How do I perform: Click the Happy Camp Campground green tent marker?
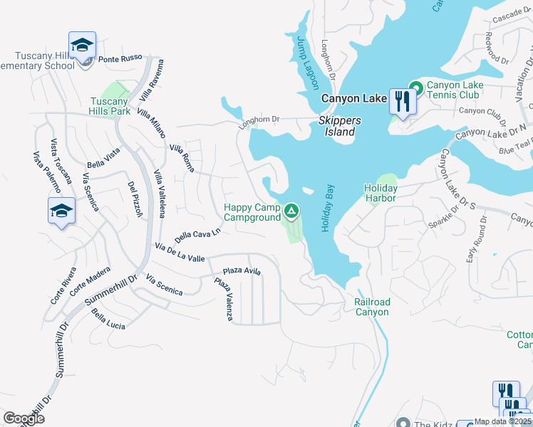click(291, 211)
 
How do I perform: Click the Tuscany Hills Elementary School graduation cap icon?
click(83, 46)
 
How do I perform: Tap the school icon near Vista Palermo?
click(62, 211)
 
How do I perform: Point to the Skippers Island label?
click(336, 126)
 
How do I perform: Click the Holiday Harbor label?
click(380, 193)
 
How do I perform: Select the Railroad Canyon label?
click(372, 307)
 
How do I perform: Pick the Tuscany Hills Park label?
click(110, 106)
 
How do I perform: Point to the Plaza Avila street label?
click(242, 271)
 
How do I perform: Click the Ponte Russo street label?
click(120, 58)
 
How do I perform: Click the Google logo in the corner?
click(24, 418)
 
